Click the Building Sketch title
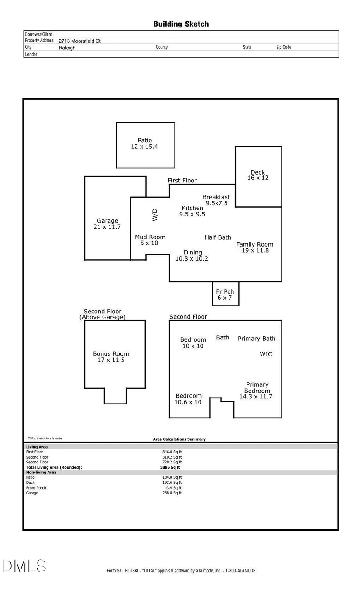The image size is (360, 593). [x=181, y=24]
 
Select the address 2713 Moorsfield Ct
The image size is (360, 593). [x=80, y=41]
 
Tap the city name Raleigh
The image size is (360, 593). [x=67, y=48]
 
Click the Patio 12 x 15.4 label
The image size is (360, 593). [x=144, y=144]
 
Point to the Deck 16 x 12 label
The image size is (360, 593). [x=258, y=175]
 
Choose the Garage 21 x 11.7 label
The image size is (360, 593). [x=107, y=224]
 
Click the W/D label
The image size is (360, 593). [x=154, y=215]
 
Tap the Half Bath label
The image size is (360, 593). [x=218, y=237]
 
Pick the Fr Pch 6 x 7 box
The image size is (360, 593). [x=225, y=294]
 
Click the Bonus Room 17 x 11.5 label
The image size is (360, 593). [x=111, y=356]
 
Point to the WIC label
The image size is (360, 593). [x=266, y=354]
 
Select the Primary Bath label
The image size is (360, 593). [x=257, y=339]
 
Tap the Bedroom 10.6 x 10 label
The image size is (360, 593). [x=188, y=399]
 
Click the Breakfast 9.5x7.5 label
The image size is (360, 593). [x=216, y=200]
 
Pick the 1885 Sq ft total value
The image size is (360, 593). [x=170, y=467]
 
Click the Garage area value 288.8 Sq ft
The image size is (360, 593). [x=172, y=493]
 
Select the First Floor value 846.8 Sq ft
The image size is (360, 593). [x=172, y=452]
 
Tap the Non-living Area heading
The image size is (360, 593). [x=41, y=472]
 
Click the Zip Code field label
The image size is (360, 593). [x=284, y=47]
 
